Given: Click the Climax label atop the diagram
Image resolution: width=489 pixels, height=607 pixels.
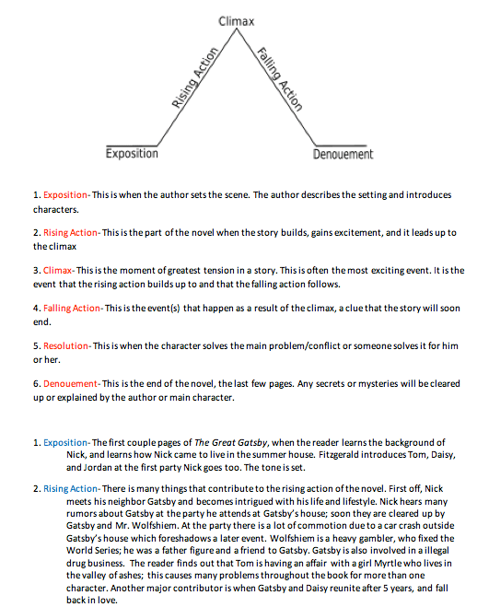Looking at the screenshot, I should [x=238, y=20].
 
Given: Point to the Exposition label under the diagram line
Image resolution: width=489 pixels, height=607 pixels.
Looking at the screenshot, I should [x=132, y=154].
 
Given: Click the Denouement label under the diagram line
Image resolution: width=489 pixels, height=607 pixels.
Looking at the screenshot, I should [x=343, y=154].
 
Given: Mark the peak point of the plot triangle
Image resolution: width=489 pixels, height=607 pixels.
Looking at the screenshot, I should [x=238, y=33].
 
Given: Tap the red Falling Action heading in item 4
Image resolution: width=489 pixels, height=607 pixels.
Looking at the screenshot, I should [x=73, y=308].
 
